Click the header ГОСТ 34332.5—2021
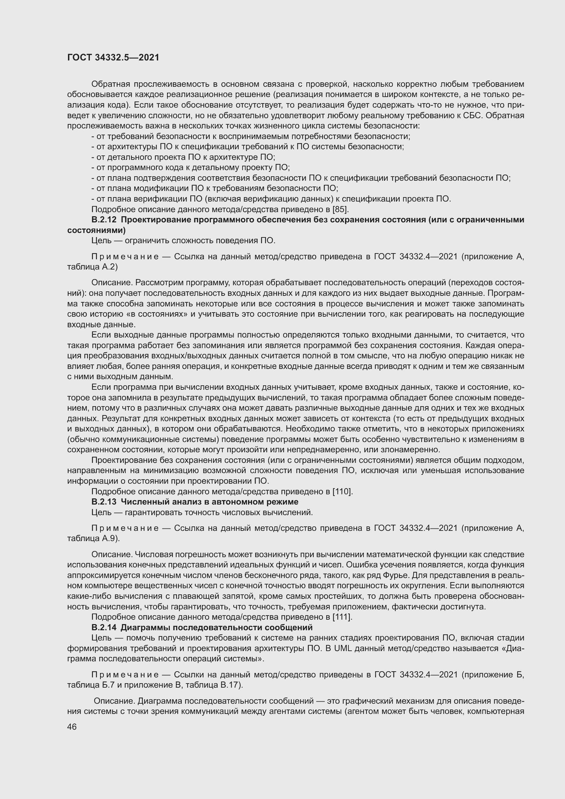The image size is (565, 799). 113,57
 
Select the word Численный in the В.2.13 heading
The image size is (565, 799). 144,501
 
